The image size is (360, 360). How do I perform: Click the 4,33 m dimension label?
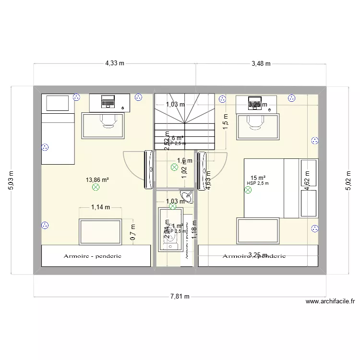click(115, 63)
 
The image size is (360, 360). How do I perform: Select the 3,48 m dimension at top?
click(261, 63)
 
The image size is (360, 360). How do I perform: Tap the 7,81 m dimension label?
click(180, 297)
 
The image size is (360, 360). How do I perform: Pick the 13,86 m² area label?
click(97, 180)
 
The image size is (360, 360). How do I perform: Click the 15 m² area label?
click(257, 178)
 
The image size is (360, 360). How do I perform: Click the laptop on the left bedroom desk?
click(108, 101)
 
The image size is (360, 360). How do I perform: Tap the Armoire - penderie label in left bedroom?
click(92, 256)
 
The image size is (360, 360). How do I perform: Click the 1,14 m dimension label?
click(100, 207)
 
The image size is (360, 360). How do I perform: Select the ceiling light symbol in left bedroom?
click(95, 188)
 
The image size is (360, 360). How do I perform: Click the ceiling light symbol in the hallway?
click(174, 168)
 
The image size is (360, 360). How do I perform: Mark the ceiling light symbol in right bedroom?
click(248, 190)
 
